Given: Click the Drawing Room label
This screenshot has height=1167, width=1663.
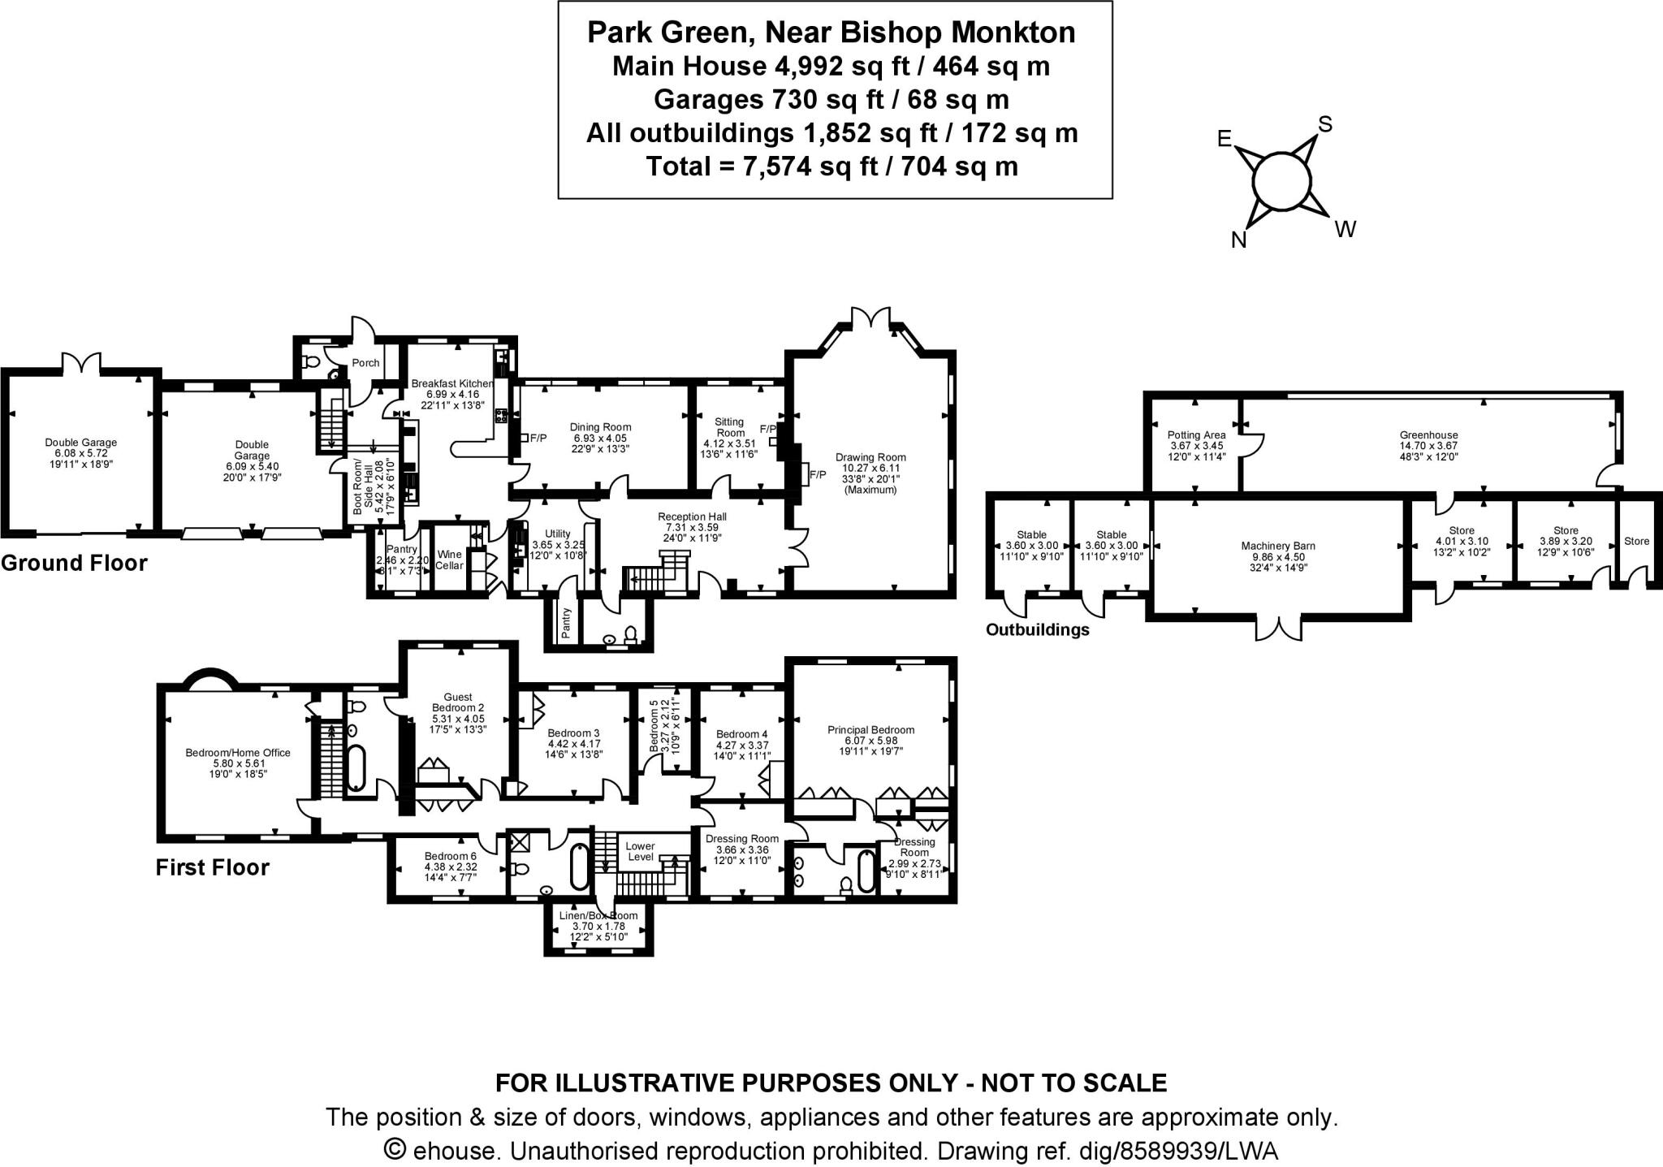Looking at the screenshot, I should tap(870, 457).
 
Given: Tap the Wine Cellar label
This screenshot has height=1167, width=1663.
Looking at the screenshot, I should tap(449, 560).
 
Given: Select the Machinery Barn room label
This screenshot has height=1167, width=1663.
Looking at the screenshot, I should tap(1278, 546).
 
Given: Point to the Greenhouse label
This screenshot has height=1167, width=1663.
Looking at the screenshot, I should tap(1428, 434).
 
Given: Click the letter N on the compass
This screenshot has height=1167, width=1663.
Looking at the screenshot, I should tap(1238, 240).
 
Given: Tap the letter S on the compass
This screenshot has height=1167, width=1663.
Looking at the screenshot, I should tap(1324, 124).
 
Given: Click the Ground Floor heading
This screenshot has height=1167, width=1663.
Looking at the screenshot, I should tap(74, 563).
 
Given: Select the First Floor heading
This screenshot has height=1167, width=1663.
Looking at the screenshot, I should tap(212, 867).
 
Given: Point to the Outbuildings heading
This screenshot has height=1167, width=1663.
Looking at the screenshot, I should tap(1037, 629).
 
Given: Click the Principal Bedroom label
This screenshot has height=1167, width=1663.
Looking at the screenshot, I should tap(870, 729).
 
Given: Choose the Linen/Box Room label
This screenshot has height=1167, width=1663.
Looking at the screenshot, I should tap(598, 915).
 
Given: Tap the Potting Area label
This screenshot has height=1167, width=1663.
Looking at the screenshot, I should tap(1196, 435).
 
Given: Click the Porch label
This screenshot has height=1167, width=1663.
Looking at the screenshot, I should tap(365, 363).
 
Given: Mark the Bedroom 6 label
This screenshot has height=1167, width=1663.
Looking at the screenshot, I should tap(451, 856).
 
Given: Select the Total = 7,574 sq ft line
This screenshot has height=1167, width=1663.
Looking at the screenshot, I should tap(831, 166).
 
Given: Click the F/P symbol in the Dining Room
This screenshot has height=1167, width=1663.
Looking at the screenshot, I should tap(538, 438).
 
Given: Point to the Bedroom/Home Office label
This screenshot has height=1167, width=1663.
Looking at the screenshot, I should tap(238, 753).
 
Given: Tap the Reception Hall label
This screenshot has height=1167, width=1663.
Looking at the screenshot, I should tap(692, 517).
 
